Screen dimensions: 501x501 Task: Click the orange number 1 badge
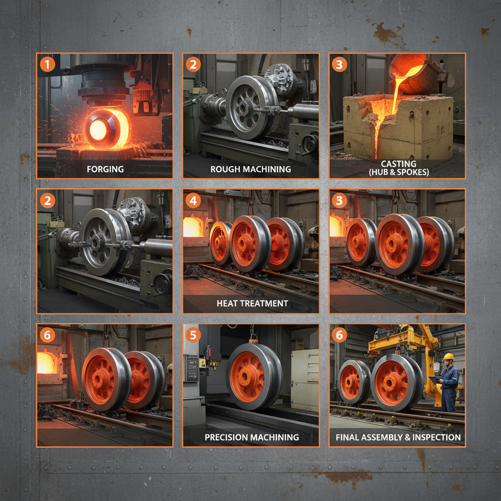[47, 64]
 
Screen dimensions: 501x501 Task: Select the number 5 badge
[193, 335]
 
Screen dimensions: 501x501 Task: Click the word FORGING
[105, 169]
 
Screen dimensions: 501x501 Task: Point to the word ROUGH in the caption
[226, 169]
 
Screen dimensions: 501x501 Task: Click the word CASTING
[398, 164]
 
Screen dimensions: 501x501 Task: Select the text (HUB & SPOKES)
[398, 172]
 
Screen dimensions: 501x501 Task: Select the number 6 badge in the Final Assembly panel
[339, 335]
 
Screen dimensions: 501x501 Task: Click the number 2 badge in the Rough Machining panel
[193, 64]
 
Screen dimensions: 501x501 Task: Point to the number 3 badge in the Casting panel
[339, 64]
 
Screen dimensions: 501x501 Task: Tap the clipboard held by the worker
[434, 380]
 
